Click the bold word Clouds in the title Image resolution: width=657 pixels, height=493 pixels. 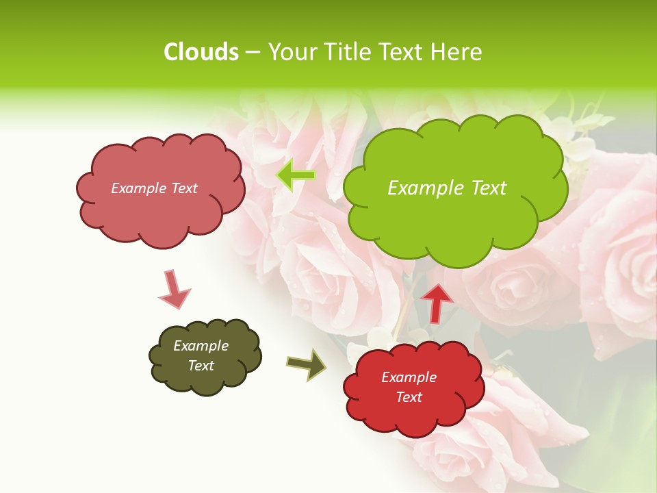(201, 52)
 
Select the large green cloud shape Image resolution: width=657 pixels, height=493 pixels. (455, 219)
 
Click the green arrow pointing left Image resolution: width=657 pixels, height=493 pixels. (295, 175)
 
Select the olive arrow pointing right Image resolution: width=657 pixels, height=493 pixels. (307, 364)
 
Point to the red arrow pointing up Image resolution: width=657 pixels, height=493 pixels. (437, 302)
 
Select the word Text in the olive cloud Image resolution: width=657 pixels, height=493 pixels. (201, 366)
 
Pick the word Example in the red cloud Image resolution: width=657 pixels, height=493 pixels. (409, 377)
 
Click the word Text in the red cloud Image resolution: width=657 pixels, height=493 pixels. (409, 397)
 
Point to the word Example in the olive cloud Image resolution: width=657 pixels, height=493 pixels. (201, 346)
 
